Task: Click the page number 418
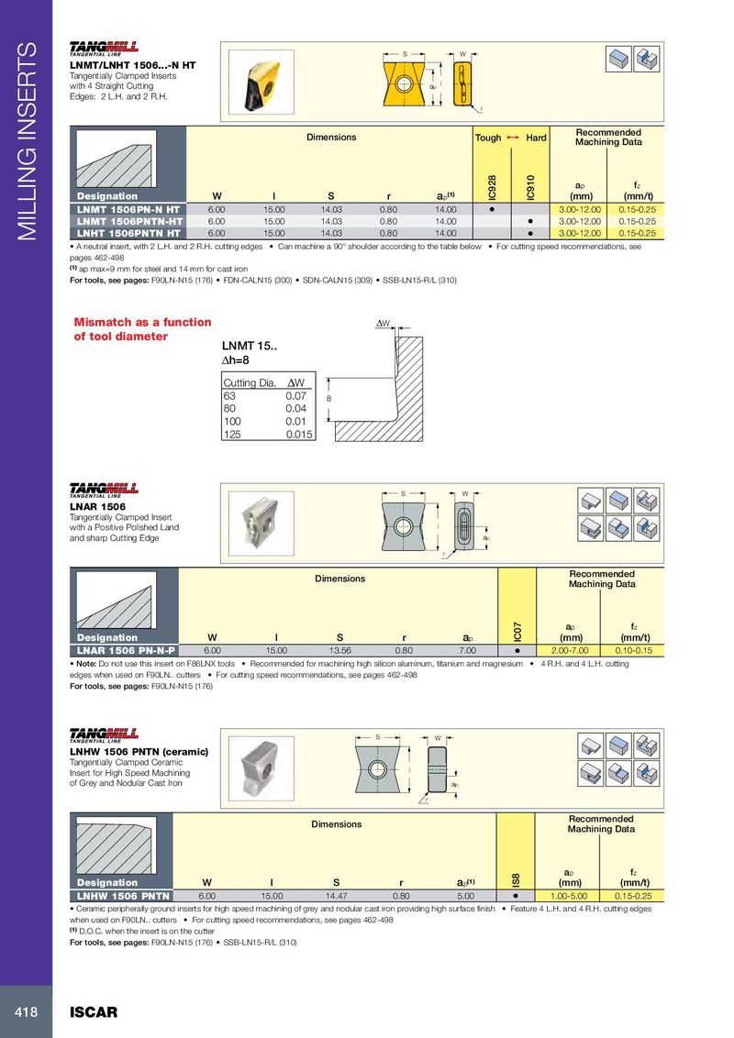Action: click(26, 1012)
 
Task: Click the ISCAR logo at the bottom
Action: click(94, 1012)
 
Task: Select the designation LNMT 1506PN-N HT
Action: click(128, 209)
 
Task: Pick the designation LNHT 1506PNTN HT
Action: click(128, 233)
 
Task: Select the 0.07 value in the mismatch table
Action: click(296, 396)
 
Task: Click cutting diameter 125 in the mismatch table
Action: click(232, 435)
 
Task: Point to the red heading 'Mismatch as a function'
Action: click(142, 323)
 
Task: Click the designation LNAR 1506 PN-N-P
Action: click(126, 651)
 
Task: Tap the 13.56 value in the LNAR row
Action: click(339, 651)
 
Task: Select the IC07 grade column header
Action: click(517, 632)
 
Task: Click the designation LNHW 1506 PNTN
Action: click(123, 896)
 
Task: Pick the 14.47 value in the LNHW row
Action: click(337, 896)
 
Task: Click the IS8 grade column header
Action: click(516, 879)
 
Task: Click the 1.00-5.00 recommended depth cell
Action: click(568, 896)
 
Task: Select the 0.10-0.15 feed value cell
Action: click(634, 651)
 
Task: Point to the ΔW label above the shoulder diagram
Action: click(383, 323)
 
